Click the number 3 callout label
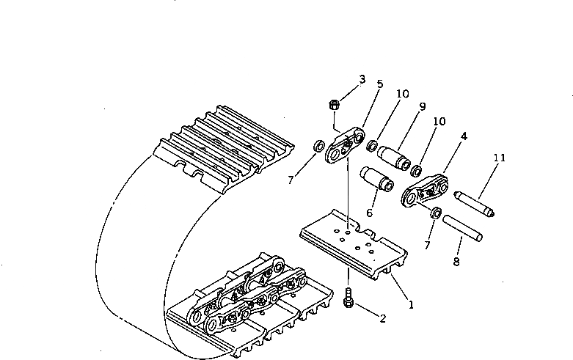(362, 79)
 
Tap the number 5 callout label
(379, 84)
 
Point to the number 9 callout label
(423, 106)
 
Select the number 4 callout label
(464, 136)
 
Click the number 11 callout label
(500, 158)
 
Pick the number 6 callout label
(370, 213)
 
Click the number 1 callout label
(411, 304)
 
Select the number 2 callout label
(382, 317)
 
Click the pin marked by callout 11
(475, 204)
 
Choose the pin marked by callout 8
(461, 228)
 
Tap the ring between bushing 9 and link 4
(415, 171)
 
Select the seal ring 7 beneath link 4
(435, 213)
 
